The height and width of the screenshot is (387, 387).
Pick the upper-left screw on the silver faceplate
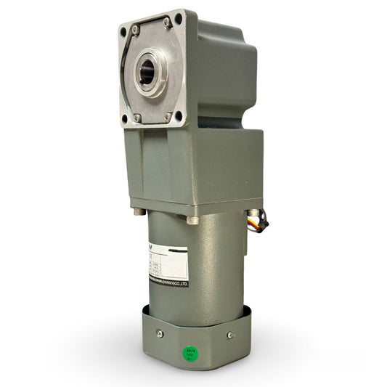(x=135, y=30)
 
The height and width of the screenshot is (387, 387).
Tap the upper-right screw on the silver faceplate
(x=168, y=23)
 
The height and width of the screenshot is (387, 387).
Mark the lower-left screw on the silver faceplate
(x=137, y=117)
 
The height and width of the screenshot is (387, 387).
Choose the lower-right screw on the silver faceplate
(x=168, y=115)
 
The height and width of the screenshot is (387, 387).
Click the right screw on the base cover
(x=230, y=335)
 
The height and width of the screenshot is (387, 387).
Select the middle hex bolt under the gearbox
(x=192, y=219)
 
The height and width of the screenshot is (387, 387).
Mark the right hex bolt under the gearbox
(x=245, y=211)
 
